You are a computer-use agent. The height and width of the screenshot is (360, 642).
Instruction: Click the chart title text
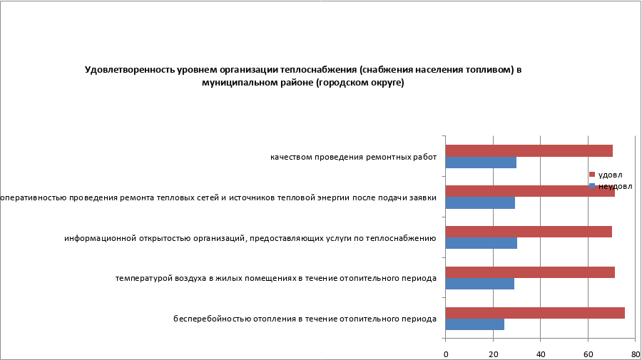pos(303,76)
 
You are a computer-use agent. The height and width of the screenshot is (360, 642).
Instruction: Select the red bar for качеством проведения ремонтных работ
pos(529,150)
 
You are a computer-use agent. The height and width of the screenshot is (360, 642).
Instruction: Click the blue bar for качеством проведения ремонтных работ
pos(481,163)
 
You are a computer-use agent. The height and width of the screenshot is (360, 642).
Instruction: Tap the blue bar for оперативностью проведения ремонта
pos(480,203)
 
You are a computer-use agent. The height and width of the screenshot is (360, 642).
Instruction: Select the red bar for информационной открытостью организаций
pos(529,232)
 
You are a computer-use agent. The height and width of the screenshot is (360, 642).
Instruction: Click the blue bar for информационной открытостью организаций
pos(481,243)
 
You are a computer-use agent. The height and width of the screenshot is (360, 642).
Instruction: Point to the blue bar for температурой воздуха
pos(479,284)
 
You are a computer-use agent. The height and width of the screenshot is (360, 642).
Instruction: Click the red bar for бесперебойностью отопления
pos(535,313)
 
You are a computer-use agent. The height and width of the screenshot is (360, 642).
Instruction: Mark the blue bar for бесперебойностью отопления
pos(474,324)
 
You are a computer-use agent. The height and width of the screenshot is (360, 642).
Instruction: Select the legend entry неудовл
pos(614,186)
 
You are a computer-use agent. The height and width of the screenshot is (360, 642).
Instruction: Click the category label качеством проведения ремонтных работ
pos(352,157)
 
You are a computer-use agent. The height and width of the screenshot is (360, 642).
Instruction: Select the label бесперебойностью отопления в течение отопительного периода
pos(305,319)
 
